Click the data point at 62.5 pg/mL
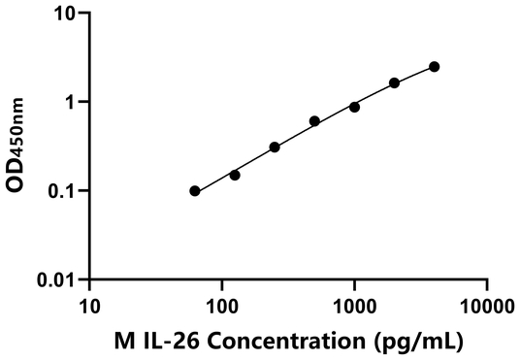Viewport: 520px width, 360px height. (195, 191)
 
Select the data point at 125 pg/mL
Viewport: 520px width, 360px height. (235, 175)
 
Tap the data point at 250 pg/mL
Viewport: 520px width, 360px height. (275, 147)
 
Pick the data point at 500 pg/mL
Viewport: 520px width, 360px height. (314, 121)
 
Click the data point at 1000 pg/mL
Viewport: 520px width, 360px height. (354, 107)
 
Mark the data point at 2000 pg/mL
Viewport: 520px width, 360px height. (394, 83)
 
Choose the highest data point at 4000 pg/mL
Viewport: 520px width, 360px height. (434, 67)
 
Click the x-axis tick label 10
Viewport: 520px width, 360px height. (89, 306)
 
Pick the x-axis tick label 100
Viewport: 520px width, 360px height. (222, 306)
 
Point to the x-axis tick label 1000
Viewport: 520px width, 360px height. (354, 306)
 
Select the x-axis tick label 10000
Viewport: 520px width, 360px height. (486, 306)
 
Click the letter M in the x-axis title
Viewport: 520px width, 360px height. (123, 341)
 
